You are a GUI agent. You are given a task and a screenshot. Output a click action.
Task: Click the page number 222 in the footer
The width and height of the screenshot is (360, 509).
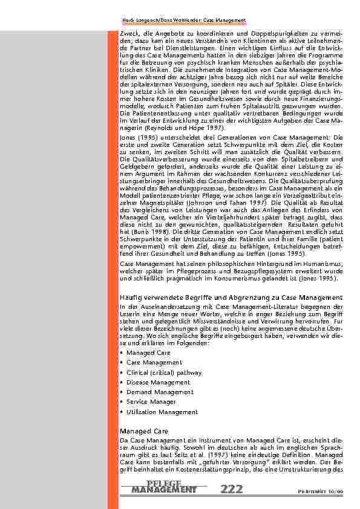(x=233, y=488)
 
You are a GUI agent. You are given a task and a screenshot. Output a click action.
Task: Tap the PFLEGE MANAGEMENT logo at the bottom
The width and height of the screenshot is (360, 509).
(x=164, y=486)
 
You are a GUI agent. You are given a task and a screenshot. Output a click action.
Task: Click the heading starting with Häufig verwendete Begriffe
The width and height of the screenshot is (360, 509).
(x=231, y=298)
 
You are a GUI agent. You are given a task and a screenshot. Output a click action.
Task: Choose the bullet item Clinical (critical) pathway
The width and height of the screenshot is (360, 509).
(x=164, y=372)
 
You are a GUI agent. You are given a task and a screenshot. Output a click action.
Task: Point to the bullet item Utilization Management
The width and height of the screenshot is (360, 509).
(x=162, y=412)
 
